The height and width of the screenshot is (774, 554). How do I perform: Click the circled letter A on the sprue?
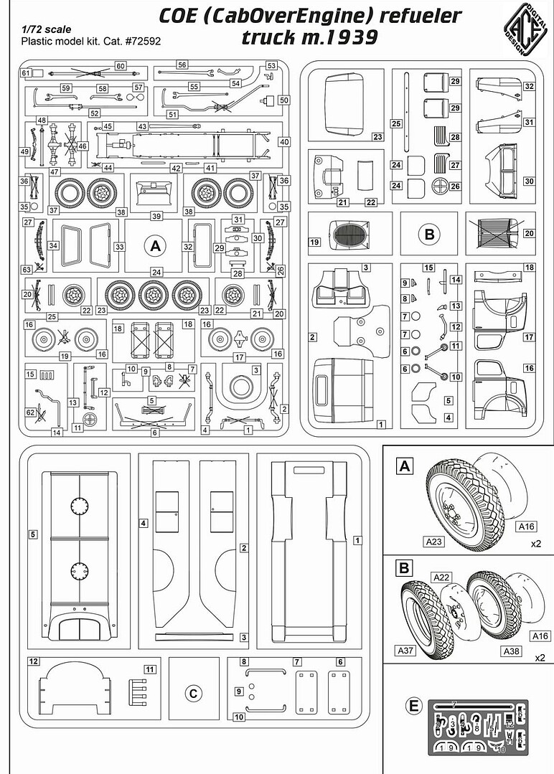pos(153,246)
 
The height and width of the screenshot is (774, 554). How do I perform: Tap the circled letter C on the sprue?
pos(192,693)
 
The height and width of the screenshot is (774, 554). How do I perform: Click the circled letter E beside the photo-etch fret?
pos(413,707)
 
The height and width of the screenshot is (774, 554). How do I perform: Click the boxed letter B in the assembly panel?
pos(404,570)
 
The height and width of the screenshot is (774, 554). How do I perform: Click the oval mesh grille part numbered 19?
pos(349,235)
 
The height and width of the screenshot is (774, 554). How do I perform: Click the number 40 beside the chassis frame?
pos(284,142)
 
